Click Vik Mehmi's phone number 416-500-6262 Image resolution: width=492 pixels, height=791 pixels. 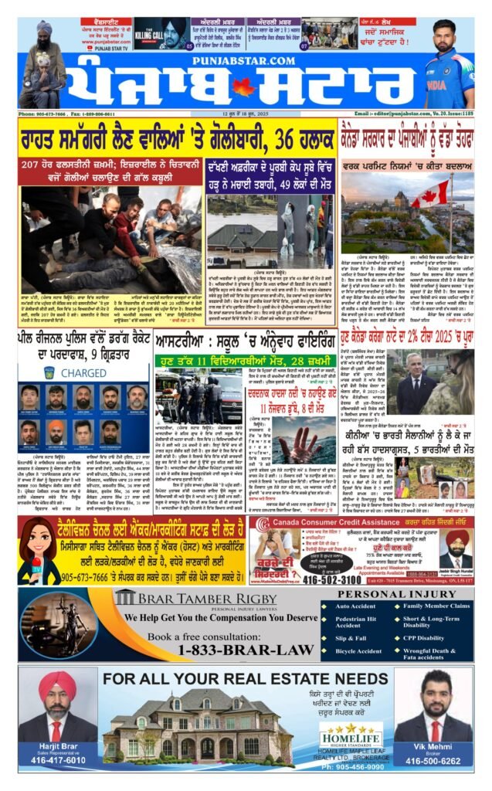[x=433, y=760]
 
